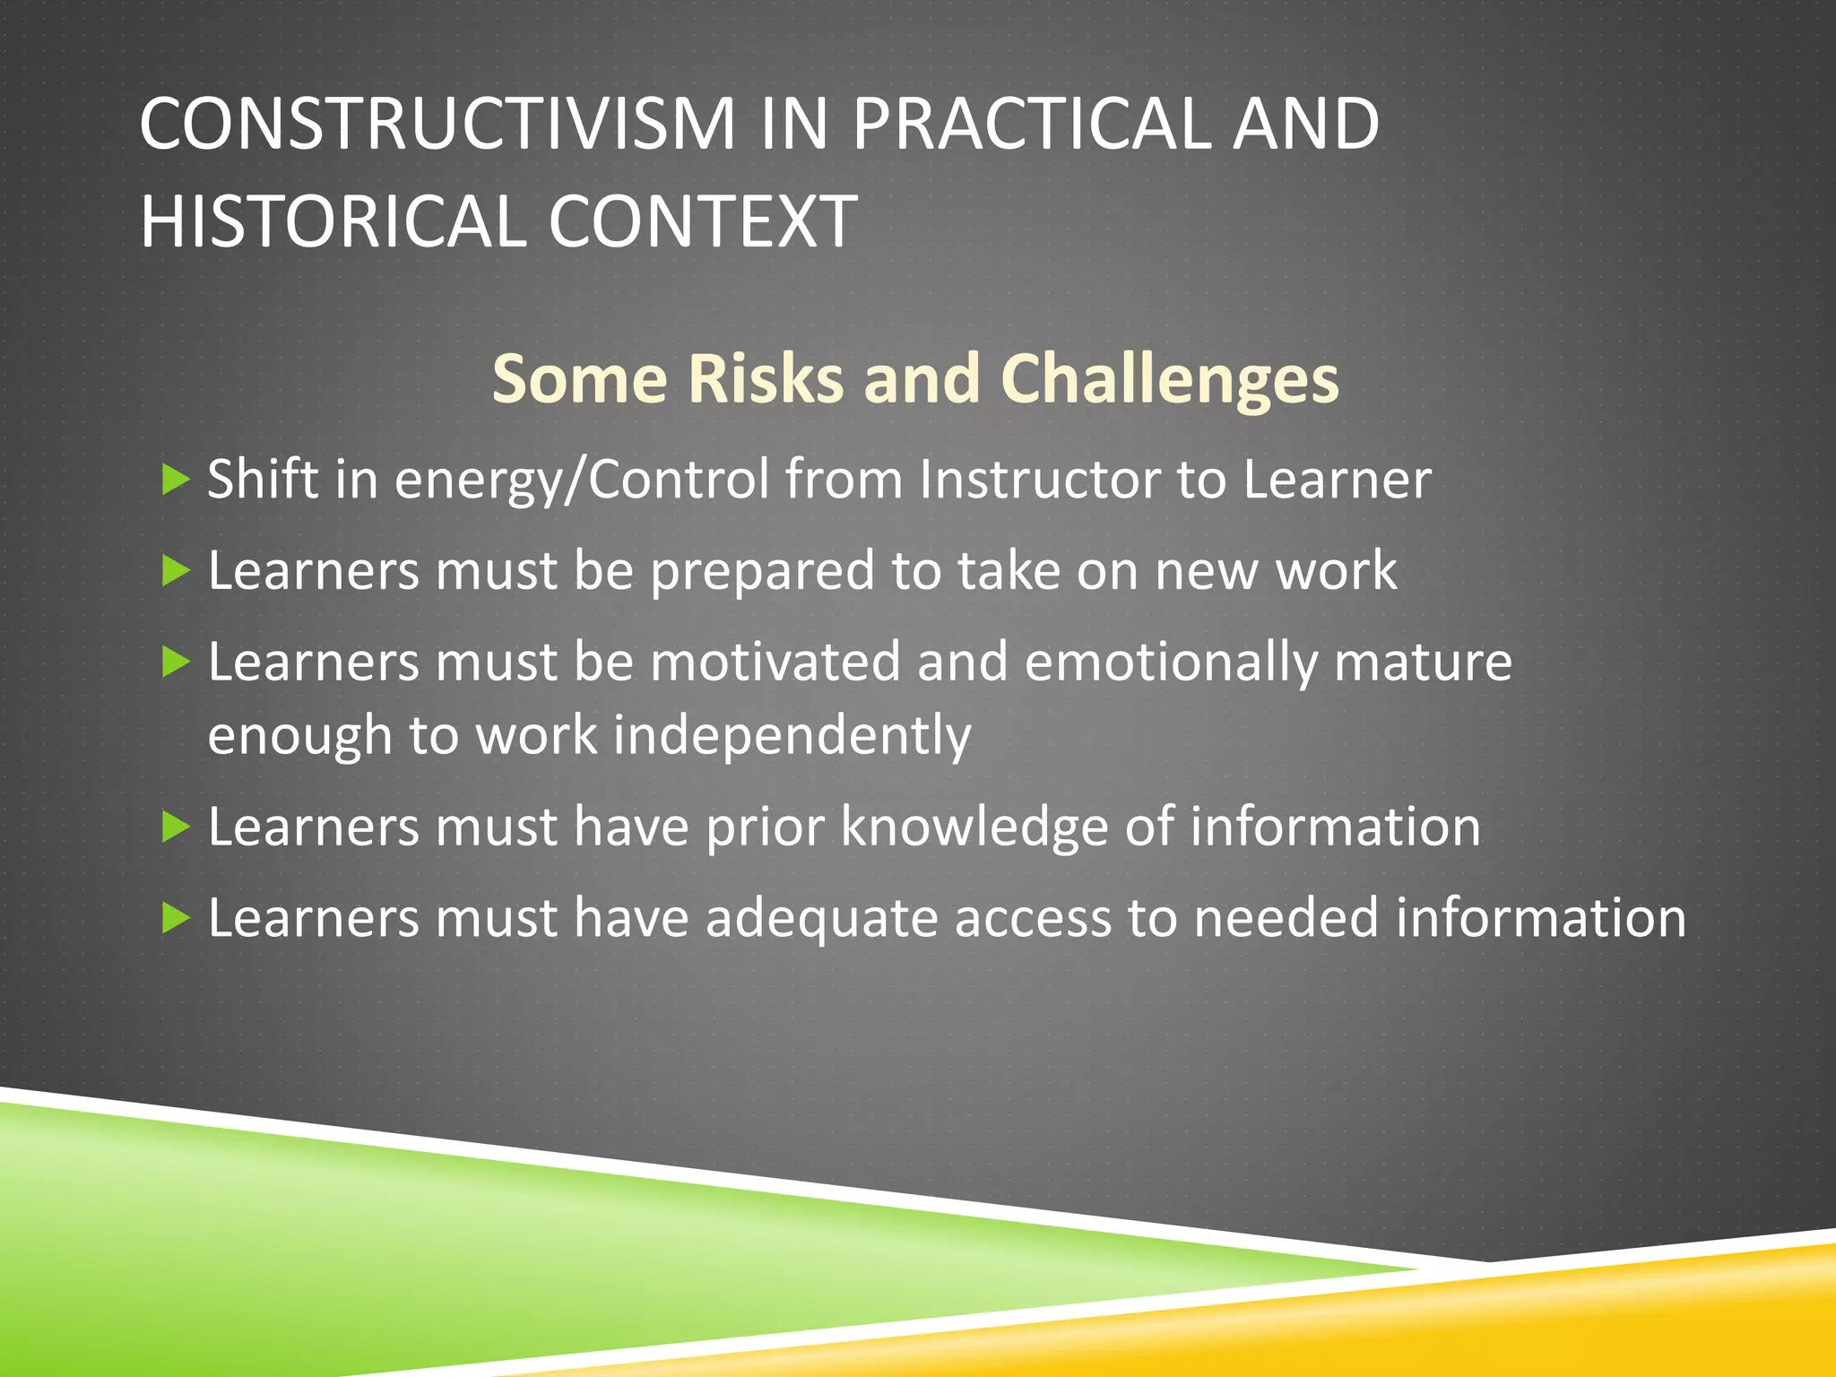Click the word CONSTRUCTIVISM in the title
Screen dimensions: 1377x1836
[x=437, y=124]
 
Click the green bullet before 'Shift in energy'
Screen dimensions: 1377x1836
[x=176, y=481]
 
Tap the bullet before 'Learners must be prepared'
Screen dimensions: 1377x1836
[x=176, y=571]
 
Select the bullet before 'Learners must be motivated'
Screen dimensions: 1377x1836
[x=176, y=663]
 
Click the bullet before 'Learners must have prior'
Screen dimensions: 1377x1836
[x=176, y=827]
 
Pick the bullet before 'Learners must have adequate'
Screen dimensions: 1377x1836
[x=176, y=919]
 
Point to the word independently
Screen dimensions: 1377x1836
[x=792, y=736]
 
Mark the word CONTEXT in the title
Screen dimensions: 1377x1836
[x=702, y=222]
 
